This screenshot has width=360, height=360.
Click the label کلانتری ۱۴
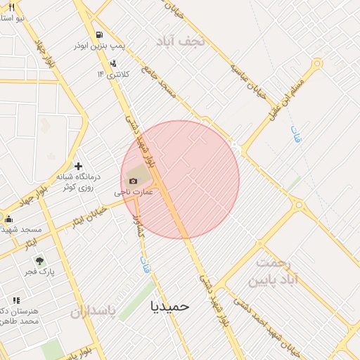pos(110,74)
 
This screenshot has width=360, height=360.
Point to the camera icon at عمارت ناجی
pos(133,181)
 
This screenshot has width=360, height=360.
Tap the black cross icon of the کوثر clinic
pos(78,166)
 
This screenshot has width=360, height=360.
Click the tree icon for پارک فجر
pos(39,261)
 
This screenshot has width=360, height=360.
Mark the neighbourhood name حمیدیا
pos(170,306)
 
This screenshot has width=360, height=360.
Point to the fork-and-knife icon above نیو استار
pos(11,6)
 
